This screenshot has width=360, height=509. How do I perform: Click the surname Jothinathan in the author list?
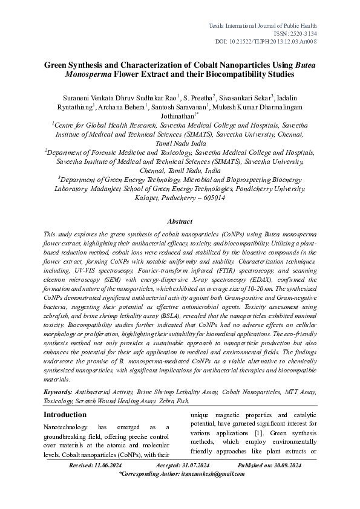click(178, 116)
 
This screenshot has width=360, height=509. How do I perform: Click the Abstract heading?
click(180, 222)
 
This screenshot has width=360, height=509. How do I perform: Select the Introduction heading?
click(65, 415)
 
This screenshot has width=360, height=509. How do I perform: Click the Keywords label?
click(58, 392)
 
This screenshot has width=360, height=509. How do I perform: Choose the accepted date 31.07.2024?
click(191, 466)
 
